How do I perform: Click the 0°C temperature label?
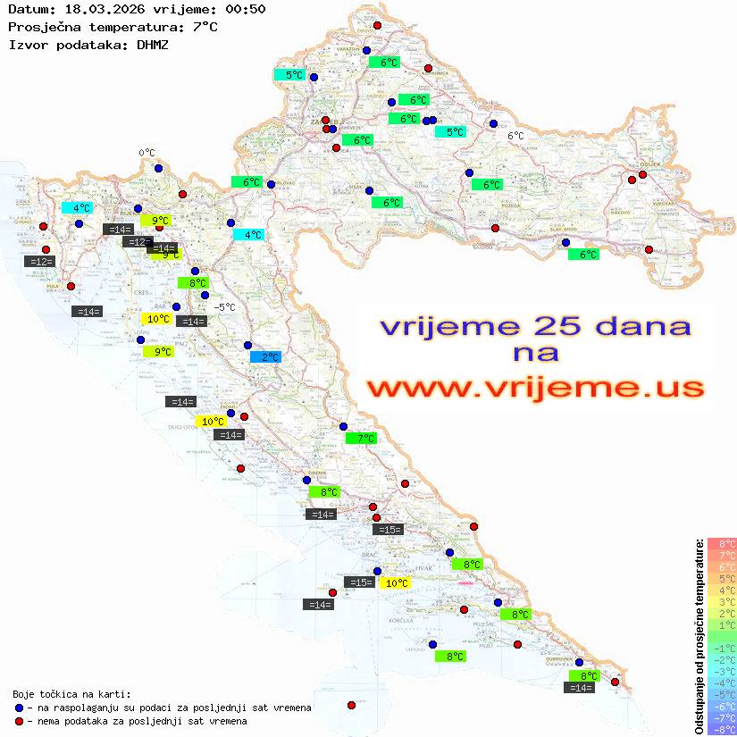coord(147,154)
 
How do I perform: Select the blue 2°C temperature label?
coord(265,357)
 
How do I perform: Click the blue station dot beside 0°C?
coord(158,168)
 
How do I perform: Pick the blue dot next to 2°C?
coord(247,346)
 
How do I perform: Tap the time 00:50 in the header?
coord(247,9)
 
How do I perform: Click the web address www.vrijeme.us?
coord(534,388)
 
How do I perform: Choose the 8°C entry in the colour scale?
coord(722,544)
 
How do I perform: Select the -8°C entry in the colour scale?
coord(721,730)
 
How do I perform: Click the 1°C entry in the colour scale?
coord(722,625)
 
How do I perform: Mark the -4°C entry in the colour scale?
coord(721,683)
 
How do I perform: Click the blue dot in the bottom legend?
coord(19,708)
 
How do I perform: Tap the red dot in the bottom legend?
coord(19,721)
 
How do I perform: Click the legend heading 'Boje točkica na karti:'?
coord(71,694)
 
